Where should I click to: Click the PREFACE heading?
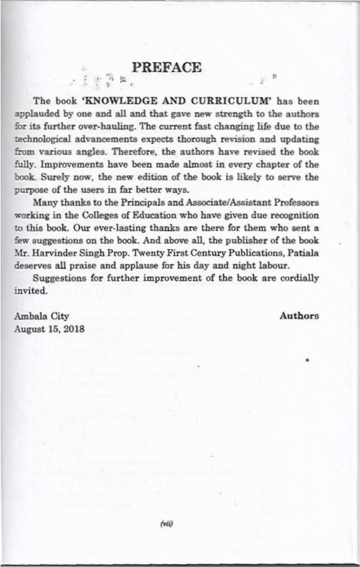(167, 68)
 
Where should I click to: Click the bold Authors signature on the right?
(300, 316)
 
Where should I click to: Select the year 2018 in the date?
(74, 328)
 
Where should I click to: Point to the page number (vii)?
(167, 523)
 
